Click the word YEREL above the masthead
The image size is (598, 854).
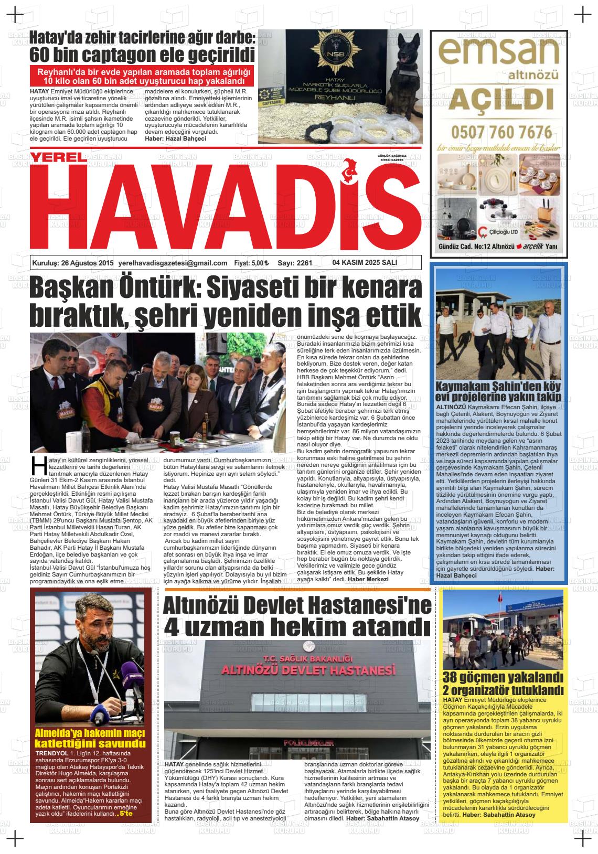tap(57, 157)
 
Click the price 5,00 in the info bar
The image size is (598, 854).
tap(258, 263)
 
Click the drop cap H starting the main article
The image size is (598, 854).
tap(37, 467)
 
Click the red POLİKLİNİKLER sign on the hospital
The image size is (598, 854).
tap(308, 743)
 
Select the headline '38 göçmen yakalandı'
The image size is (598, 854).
tap(503, 677)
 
